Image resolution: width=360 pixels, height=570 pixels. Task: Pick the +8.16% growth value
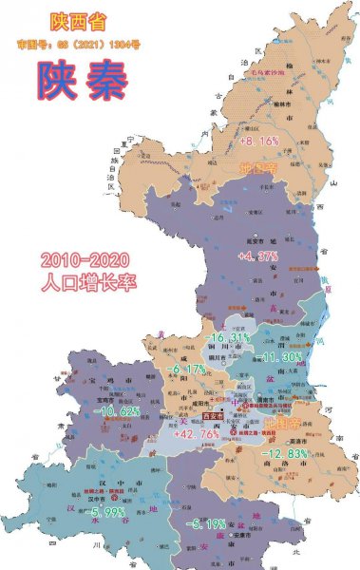tap(258, 141)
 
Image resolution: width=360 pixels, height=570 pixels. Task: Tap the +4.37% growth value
tap(257, 256)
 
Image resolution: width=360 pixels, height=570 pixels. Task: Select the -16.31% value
tap(229, 337)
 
